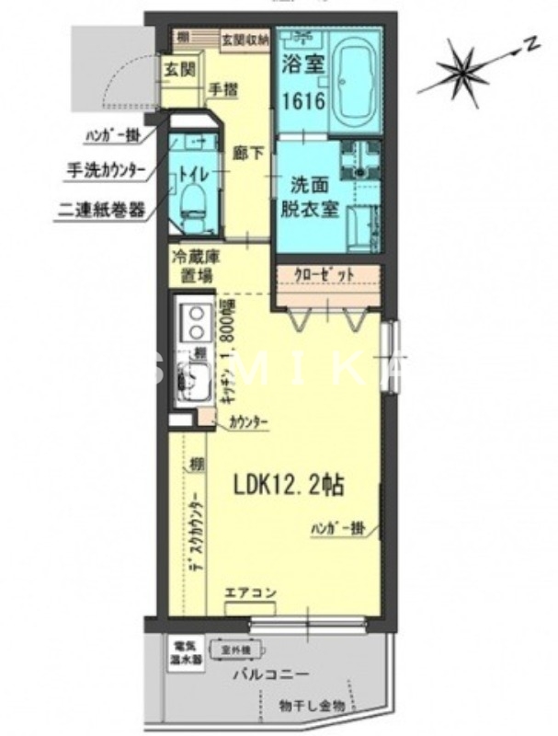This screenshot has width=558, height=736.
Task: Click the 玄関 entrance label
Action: pyautogui.click(x=180, y=69)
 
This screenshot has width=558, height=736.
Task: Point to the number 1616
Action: pyautogui.click(x=302, y=99)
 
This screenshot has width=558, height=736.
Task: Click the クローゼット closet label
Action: pyautogui.click(x=326, y=274)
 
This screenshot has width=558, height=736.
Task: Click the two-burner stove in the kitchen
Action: pyautogui.click(x=196, y=323)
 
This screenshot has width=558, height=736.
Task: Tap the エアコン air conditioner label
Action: pyautogui.click(x=249, y=592)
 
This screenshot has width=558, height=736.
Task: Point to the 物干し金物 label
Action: pyautogui.click(x=313, y=707)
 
